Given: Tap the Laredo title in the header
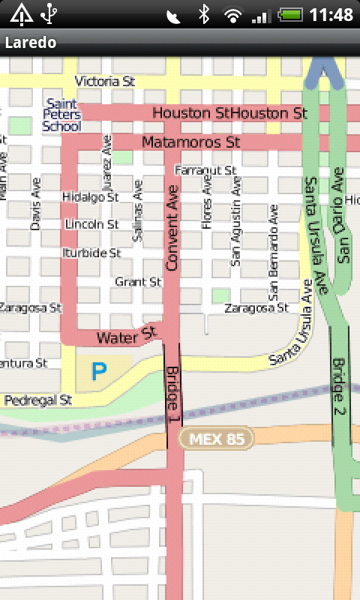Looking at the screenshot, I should (x=31, y=42).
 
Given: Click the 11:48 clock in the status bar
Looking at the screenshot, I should (x=331, y=14).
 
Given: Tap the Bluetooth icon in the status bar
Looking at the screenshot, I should (x=203, y=14).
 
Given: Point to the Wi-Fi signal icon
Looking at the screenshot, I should (x=233, y=14).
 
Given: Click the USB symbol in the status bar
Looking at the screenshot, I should (x=50, y=13).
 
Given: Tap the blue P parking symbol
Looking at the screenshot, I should (x=98, y=370).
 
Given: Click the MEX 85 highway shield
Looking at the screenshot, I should (x=217, y=439).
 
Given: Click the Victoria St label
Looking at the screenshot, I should (x=104, y=80).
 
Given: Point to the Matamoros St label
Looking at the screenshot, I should (x=190, y=141).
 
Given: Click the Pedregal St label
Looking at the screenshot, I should (x=37, y=400).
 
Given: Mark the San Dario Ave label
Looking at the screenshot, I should (x=343, y=233).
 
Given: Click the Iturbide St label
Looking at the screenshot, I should (x=91, y=253).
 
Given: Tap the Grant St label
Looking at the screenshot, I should (x=139, y=282).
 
